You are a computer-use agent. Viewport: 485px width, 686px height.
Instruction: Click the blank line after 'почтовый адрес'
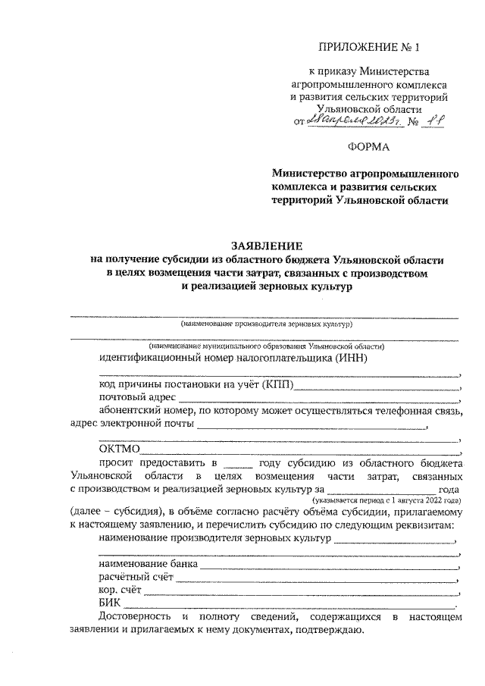(318, 399)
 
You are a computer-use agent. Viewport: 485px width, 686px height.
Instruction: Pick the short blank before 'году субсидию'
(238, 463)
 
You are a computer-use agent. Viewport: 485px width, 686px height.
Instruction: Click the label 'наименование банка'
(149, 564)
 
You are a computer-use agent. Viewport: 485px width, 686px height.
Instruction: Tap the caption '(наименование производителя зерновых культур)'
(266, 324)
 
